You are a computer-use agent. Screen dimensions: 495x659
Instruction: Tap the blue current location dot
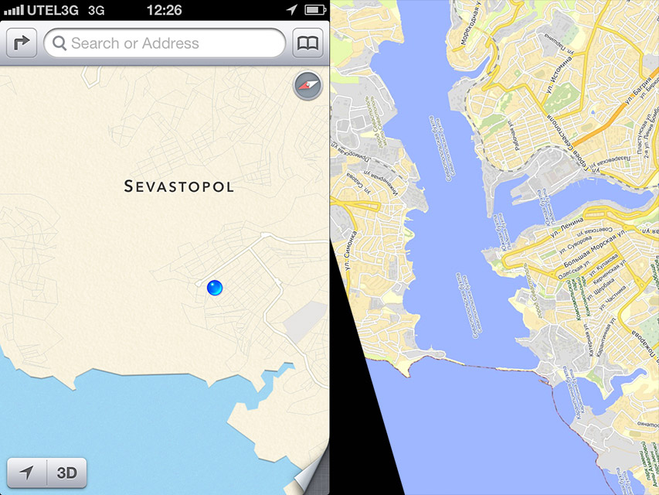pos(215,288)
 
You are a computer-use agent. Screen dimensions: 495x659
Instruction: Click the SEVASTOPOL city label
pos(178,186)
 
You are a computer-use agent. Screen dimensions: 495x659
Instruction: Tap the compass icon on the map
pos(307,86)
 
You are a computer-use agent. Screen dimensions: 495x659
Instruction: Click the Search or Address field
pos(165,43)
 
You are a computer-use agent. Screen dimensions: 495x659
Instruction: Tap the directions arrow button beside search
pos(22,43)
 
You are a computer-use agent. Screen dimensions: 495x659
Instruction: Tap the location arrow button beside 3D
pos(27,473)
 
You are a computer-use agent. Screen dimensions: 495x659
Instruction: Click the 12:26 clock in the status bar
pos(164,9)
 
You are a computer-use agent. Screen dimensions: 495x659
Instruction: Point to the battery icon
pos(314,9)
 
